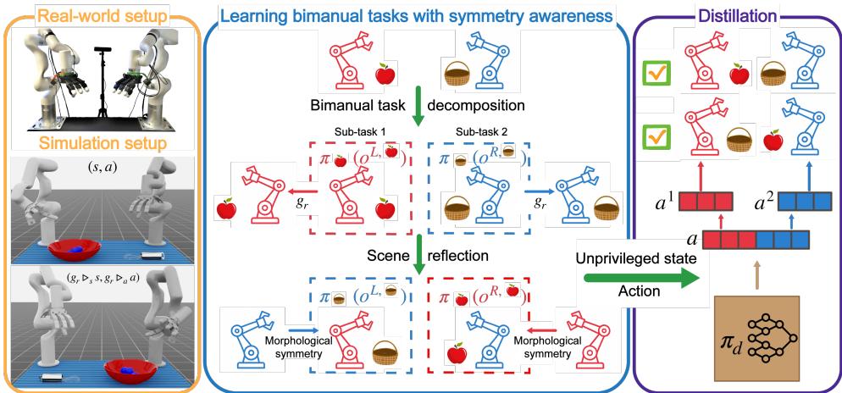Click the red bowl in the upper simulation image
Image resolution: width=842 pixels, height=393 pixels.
coord(77,250)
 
